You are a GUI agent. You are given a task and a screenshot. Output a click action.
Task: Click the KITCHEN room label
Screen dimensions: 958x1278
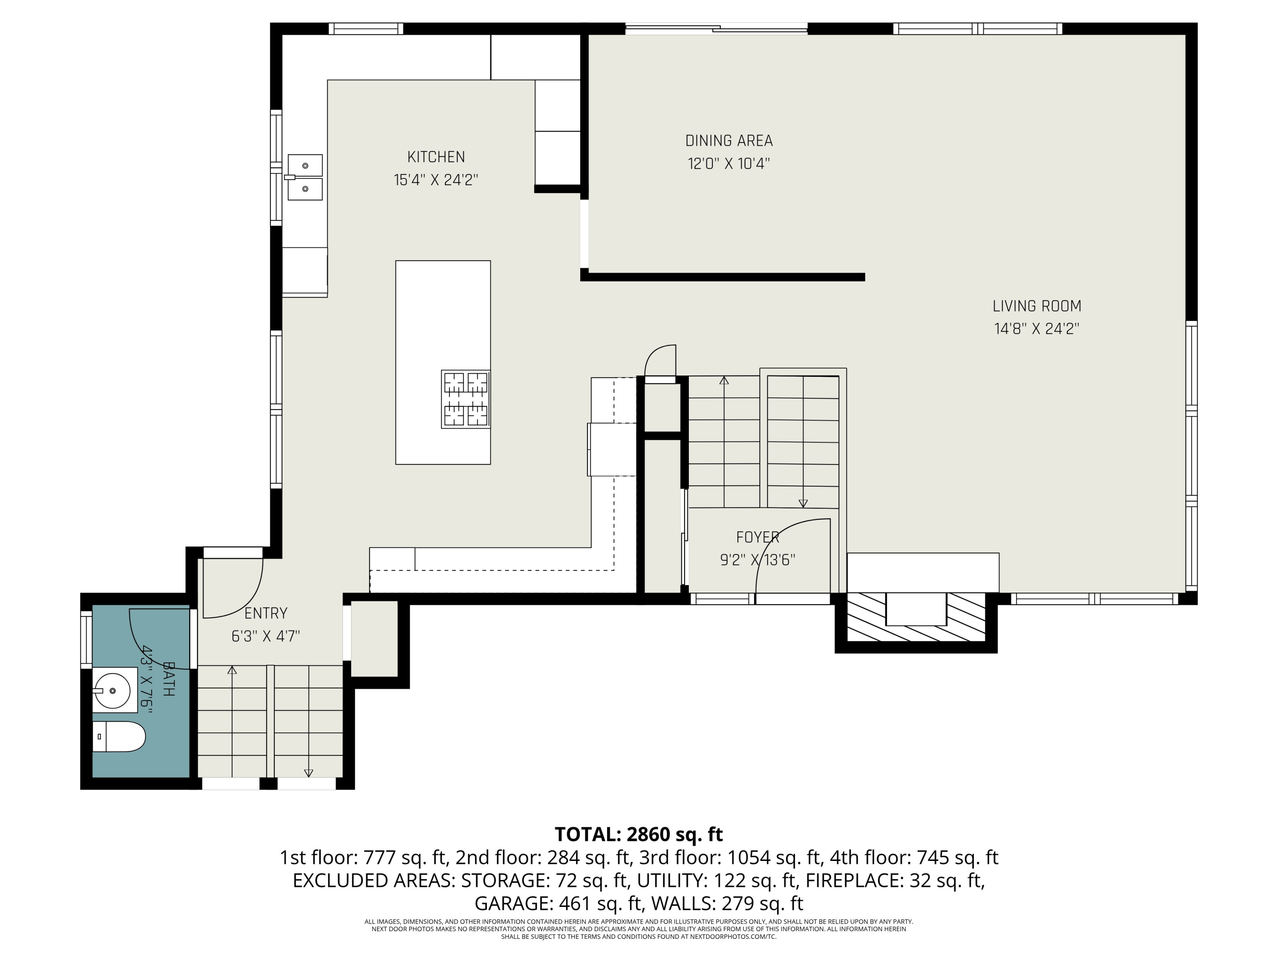pyautogui.click(x=436, y=157)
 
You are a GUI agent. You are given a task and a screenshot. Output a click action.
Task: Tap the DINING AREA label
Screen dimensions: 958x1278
pyautogui.click(x=728, y=141)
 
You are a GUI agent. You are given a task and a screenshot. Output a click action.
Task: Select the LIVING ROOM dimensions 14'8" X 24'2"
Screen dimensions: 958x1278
pyautogui.click(x=1036, y=329)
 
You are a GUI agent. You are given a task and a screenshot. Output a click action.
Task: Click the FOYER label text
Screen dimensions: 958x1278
pyautogui.click(x=757, y=538)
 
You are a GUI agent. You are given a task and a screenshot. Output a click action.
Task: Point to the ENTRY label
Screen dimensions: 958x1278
pyautogui.click(x=266, y=613)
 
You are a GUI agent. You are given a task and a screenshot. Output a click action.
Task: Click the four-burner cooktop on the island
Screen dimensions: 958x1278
pyautogui.click(x=466, y=399)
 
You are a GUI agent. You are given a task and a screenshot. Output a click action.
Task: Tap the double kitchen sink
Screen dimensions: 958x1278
pyautogui.click(x=305, y=177)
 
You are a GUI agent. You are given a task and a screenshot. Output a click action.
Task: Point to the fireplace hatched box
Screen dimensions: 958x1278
pyautogui.click(x=916, y=617)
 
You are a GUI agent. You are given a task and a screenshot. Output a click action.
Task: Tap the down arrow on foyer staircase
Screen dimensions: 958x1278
pyautogui.click(x=803, y=503)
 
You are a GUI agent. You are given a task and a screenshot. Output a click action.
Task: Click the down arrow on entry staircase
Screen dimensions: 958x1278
pyautogui.click(x=308, y=773)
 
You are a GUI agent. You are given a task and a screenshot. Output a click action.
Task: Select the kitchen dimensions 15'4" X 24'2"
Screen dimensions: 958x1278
pyautogui.click(x=436, y=180)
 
